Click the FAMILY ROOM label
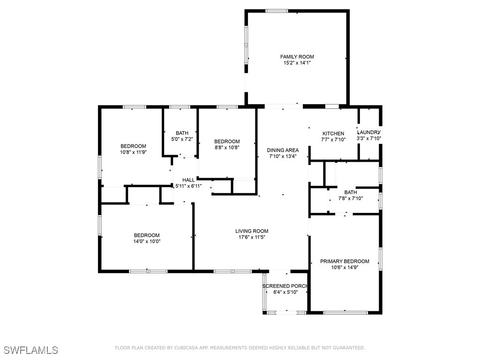(x=297, y=57)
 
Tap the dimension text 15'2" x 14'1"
(x=297, y=63)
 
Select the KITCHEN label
(x=333, y=134)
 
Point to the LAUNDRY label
(x=369, y=132)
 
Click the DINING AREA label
(x=283, y=150)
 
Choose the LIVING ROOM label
(x=252, y=231)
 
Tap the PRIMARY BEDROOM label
(x=345, y=261)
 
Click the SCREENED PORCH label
(x=285, y=286)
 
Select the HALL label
(x=188, y=180)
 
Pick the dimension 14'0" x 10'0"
(x=147, y=241)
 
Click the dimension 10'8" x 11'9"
(x=133, y=152)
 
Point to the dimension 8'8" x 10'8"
(x=227, y=148)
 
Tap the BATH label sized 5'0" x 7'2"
(x=182, y=133)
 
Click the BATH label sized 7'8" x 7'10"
(x=350, y=192)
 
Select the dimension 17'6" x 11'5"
(x=252, y=237)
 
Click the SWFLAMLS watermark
(x=31, y=350)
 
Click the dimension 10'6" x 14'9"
(x=345, y=267)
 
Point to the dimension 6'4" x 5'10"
(x=285, y=292)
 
